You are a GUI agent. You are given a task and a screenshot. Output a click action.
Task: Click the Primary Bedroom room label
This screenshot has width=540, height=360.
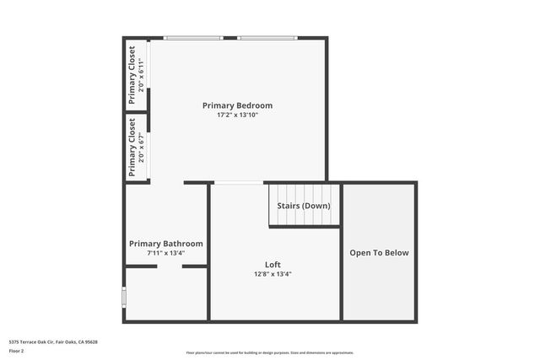(237, 105)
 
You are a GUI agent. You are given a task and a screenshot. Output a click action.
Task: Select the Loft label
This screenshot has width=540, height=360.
(261, 265)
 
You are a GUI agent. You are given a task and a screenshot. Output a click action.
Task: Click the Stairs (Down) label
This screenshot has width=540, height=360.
(304, 206)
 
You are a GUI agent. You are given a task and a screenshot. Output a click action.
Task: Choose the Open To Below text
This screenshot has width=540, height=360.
(379, 252)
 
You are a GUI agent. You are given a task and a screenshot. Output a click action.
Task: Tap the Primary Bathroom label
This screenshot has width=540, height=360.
(165, 244)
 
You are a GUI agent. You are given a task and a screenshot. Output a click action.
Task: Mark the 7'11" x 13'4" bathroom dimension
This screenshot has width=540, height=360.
(165, 252)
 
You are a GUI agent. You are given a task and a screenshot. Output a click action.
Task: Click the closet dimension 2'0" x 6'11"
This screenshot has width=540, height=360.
(141, 75)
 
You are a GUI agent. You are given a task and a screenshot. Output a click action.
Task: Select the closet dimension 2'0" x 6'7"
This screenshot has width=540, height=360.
(141, 148)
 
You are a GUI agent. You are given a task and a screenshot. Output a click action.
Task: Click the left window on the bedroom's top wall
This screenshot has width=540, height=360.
(193, 38)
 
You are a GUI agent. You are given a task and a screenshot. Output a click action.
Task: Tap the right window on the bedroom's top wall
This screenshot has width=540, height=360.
(267, 38)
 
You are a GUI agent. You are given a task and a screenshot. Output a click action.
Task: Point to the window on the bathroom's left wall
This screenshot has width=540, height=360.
(124, 297)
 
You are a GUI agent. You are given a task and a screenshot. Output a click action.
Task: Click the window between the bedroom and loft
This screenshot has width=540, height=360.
(239, 182)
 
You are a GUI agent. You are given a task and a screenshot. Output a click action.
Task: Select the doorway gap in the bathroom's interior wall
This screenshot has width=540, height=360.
(169, 266)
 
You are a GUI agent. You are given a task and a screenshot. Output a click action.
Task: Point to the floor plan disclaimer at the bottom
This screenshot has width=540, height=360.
(270, 352)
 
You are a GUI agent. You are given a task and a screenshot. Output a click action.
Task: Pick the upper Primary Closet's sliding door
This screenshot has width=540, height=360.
(149, 74)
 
